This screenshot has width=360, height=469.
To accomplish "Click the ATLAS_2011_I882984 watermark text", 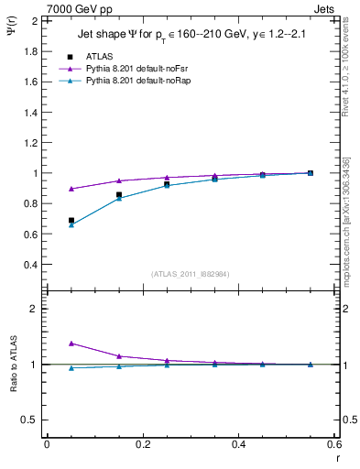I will (x=190, y=274).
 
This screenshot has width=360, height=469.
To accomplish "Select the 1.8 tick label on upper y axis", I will (x=30, y=51).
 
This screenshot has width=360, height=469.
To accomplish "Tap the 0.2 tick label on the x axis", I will (x=143, y=444).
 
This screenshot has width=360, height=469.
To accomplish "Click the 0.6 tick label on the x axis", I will (x=334, y=444).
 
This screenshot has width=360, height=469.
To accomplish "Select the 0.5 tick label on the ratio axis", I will (x=30, y=420).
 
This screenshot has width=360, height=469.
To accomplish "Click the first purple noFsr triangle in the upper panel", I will (x=71, y=189).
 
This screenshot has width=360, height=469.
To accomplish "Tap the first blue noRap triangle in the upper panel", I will (x=71, y=224).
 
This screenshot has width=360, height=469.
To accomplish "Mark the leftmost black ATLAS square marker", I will (x=71, y=220).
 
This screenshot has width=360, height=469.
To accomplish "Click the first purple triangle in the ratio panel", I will (x=71, y=344).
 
